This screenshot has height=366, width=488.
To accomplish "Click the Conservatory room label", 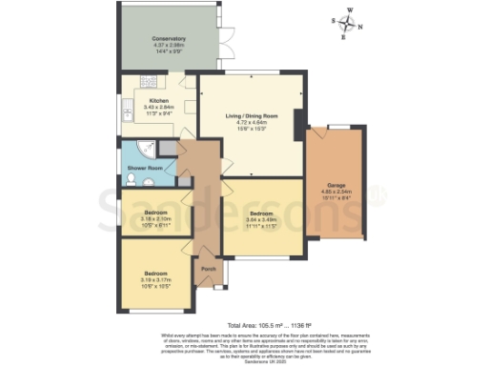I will pyautogui.click(x=168, y=39).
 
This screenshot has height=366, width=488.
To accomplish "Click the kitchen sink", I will pyautogui.click(x=127, y=114).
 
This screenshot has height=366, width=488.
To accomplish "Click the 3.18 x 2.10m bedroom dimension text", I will pyautogui.click(x=155, y=218).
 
